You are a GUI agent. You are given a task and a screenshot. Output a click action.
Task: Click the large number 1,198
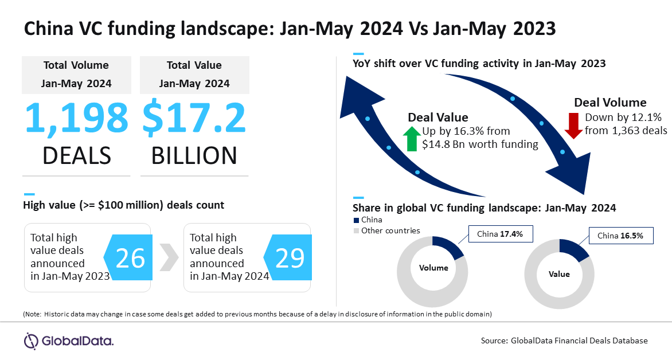tap(77, 118)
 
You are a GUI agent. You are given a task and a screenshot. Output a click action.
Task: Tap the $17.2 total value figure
tap(194, 118)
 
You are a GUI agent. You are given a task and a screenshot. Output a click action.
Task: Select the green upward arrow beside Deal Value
tap(412, 138)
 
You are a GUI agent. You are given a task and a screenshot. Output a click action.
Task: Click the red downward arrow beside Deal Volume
tap(573, 126)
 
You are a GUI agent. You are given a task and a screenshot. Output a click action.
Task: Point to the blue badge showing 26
tap(128, 257)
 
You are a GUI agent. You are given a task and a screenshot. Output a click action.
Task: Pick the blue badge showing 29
tap(288, 257)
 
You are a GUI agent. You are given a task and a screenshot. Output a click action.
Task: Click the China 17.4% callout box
tap(501, 234)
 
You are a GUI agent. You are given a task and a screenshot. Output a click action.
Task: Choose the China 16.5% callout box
tap(621, 236)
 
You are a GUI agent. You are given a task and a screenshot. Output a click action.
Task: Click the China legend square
tap(355, 220)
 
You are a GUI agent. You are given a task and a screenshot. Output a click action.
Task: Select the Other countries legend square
tap(355, 231)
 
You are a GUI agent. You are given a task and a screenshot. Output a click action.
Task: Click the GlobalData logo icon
tap(31, 341)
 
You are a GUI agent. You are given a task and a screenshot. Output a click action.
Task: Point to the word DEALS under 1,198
tap(77, 155)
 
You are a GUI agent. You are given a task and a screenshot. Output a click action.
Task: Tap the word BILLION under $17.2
tap(194, 155)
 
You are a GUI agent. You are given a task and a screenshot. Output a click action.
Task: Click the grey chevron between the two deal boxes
tap(169, 257)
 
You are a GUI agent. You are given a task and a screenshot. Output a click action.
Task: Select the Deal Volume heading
tap(610, 103)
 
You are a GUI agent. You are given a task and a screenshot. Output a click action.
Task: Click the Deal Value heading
tap(438, 118)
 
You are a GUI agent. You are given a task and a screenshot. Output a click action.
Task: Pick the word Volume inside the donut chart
tap(433, 268)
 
